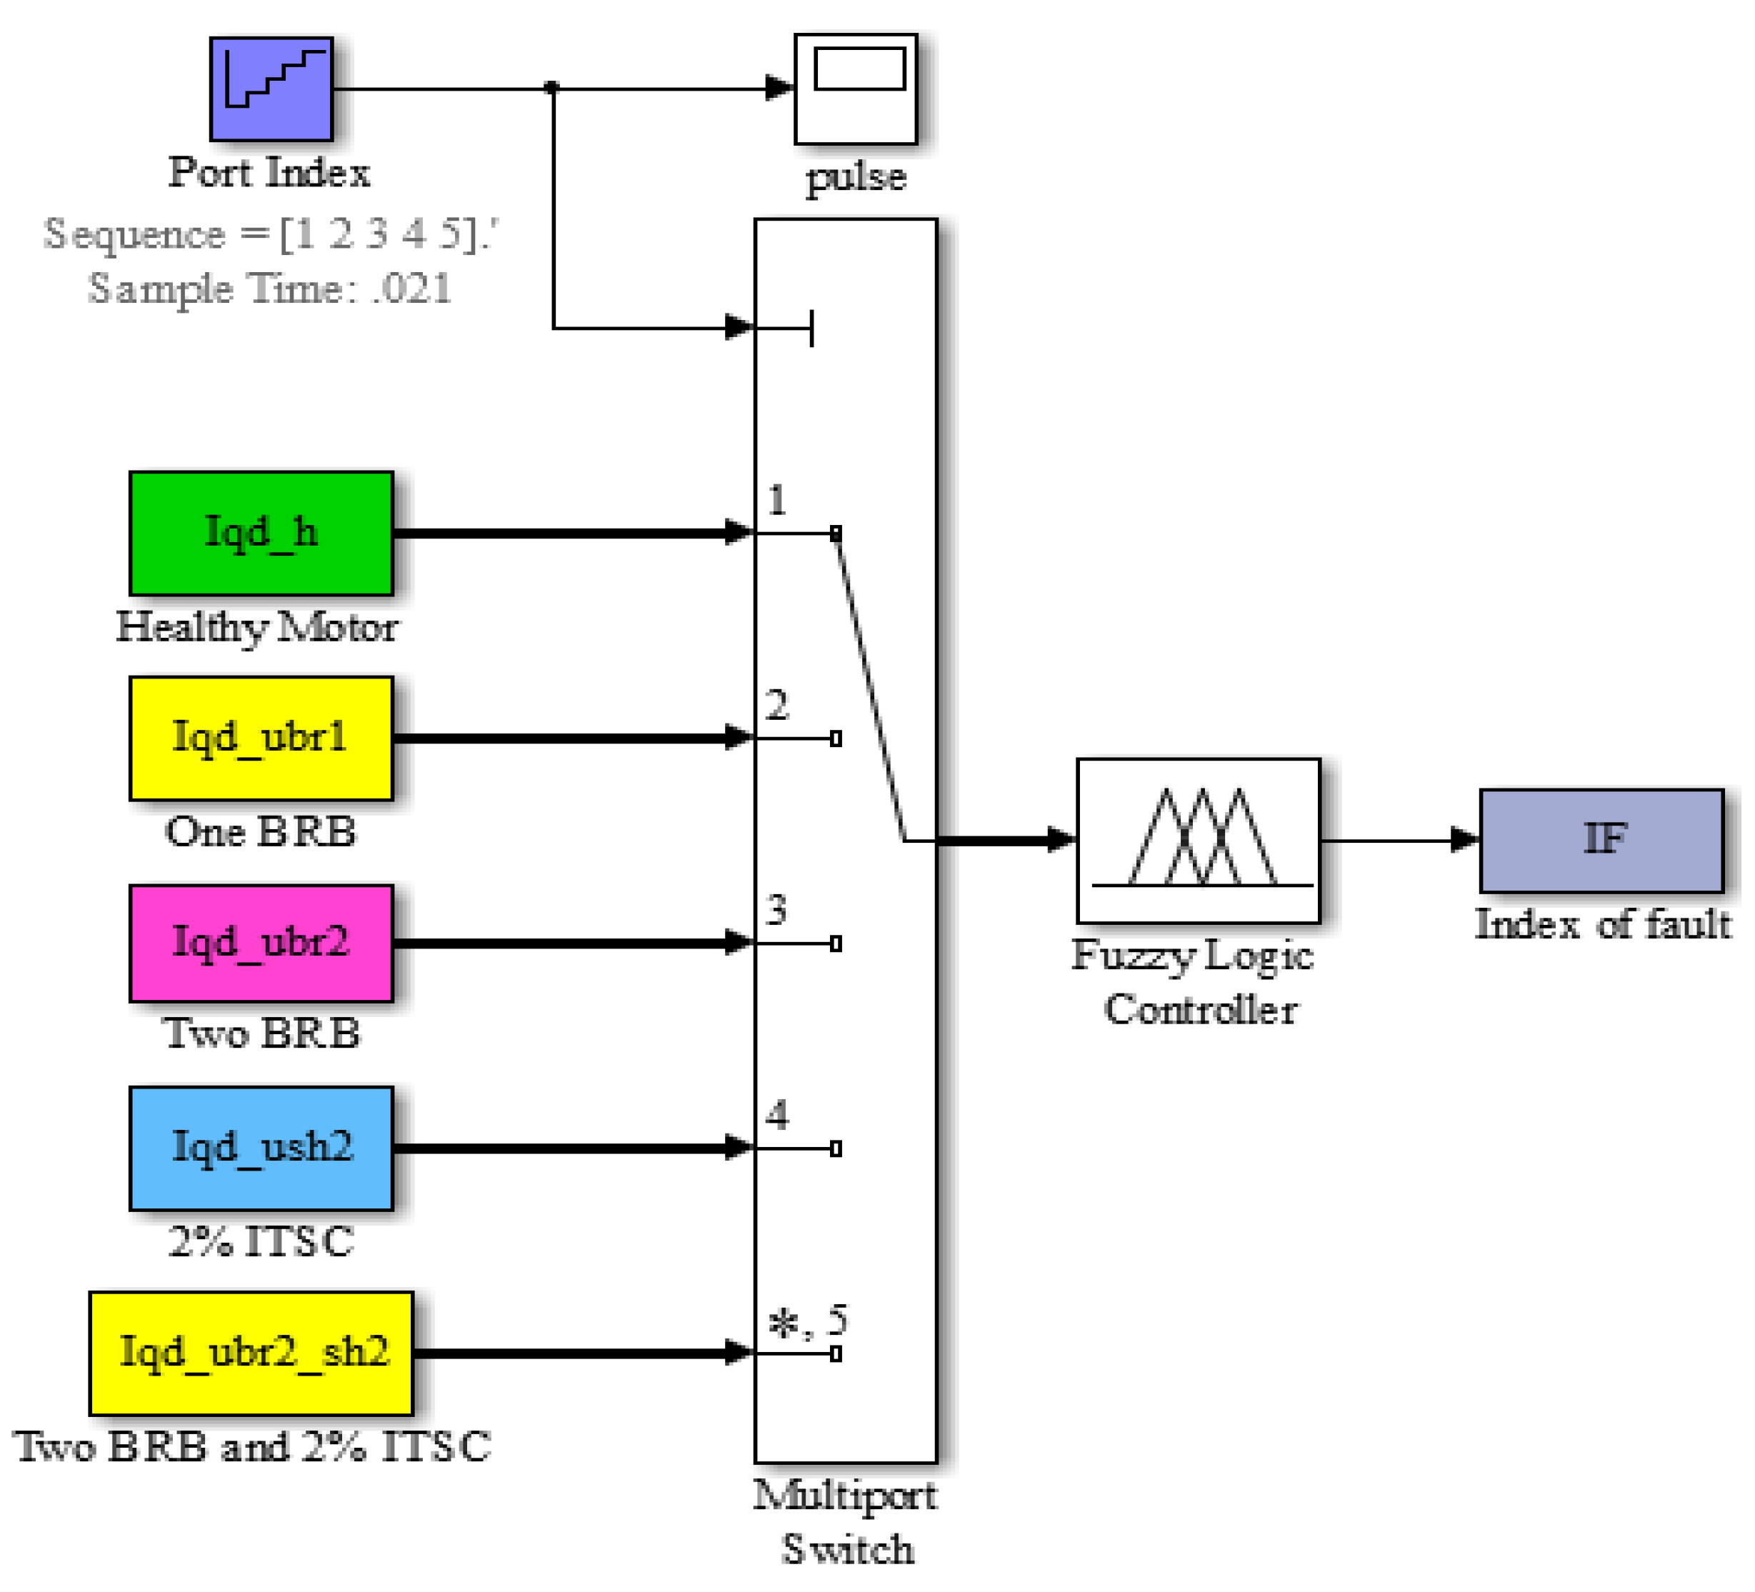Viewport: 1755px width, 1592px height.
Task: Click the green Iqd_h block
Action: pyautogui.click(x=261, y=533)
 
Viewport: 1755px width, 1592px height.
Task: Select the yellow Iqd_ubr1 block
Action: pyautogui.click(x=261, y=738)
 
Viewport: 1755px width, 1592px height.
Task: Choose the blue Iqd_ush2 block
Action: pyautogui.click(x=261, y=1148)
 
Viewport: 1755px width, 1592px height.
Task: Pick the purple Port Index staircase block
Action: pyautogui.click(x=271, y=88)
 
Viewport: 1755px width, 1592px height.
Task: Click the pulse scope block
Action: pyautogui.click(x=856, y=89)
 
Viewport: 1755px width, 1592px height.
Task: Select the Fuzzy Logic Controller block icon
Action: pyautogui.click(x=1199, y=840)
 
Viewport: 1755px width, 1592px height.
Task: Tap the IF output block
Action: pyautogui.click(x=1601, y=840)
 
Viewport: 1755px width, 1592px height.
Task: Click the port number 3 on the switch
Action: pyautogui.click(x=776, y=911)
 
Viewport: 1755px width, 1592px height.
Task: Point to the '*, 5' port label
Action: pyautogui.click(x=807, y=1321)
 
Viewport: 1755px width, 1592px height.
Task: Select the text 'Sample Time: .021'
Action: pyautogui.click(x=270, y=288)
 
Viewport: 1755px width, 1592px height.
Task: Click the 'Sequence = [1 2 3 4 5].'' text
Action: pyautogui.click(x=270, y=234)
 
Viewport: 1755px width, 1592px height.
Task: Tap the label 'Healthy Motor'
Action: pyautogui.click(x=258, y=626)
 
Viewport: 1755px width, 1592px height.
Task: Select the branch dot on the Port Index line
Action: pyautogui.click(x=552, y=87)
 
